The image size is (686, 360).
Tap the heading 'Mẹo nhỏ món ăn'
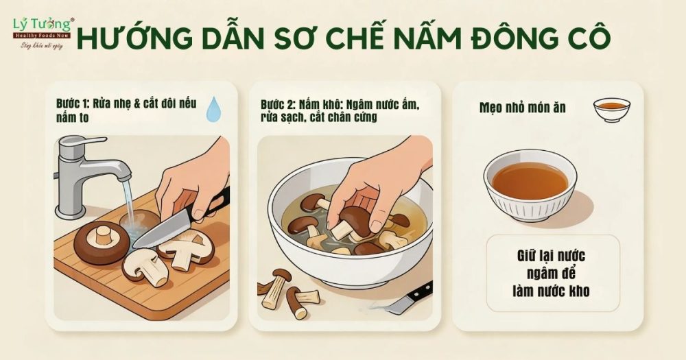click(522, 108)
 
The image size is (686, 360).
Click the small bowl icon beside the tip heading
click(612, 108)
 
